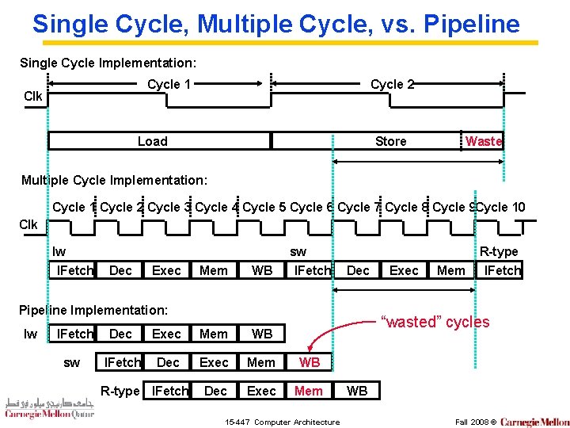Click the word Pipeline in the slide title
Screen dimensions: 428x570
point(471,24)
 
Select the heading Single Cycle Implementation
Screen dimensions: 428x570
point(108,62)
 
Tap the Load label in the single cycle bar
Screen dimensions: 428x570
point(152,141)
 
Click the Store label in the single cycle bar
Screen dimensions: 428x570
point(390,141)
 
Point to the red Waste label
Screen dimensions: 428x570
point(483,141)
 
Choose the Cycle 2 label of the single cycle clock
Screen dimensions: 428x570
point(392,84)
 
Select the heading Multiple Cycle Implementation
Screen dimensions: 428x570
point(114,180)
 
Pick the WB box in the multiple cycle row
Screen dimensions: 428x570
point(261,270)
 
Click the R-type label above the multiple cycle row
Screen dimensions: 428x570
point(499,251)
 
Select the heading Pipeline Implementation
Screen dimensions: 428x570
point(93,309)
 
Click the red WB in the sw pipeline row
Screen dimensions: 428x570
point(310,362)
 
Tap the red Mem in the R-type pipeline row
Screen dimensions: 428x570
point(308,391)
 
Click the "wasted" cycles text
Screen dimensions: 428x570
point(435,322)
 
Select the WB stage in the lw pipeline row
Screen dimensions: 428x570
point(261,334)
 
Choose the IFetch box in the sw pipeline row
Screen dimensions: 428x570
point(123,362)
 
